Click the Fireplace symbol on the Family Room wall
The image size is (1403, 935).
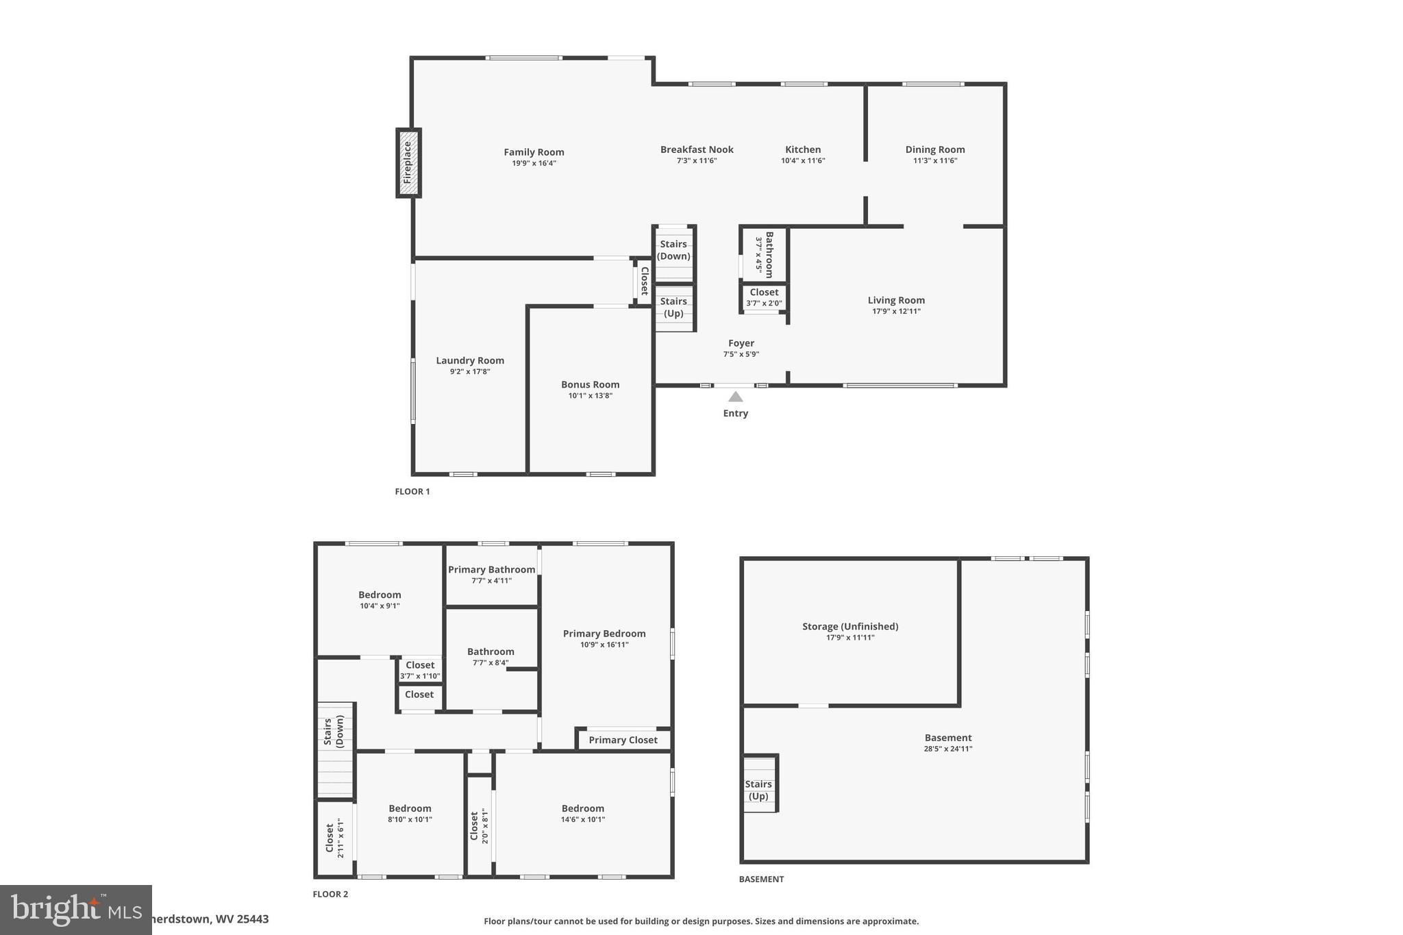[408, 163]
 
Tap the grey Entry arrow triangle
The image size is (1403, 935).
[735, 397]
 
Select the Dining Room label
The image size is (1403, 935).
[934, 149]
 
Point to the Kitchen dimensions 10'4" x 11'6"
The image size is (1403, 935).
[803, 161]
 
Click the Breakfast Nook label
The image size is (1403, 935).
[697, 149]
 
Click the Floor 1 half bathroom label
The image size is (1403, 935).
[769, 254]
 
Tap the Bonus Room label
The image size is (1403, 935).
[590, 384]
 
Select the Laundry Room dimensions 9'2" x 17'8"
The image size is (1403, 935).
[470, 372]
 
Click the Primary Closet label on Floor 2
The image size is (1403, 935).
[623, 740]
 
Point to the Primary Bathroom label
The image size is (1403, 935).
[491, 570]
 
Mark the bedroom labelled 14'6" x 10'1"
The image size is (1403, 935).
[582, 813]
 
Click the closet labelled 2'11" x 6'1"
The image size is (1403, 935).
[334, 838]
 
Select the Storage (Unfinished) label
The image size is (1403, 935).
[849, 626]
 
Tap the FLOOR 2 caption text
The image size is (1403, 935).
[330, 894]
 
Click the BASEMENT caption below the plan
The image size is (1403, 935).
[761, 879]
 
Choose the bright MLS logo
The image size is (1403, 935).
[75, 909]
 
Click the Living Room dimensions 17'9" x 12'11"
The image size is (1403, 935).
[896, 312]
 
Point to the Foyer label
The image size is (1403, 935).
[741, 343]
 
